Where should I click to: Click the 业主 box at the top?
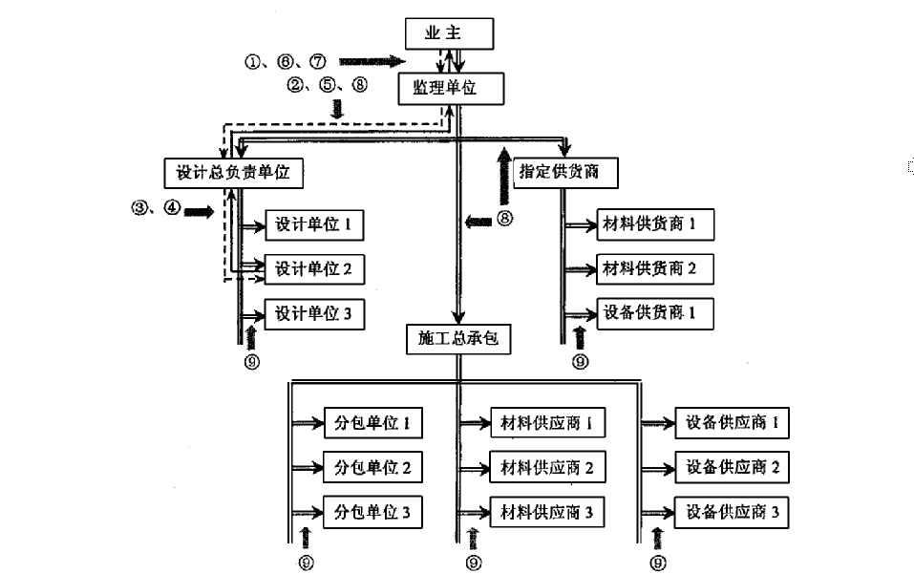pyautogui.click(x=449, y=33)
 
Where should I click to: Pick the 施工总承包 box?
pyautogui.click(x=457, y=339)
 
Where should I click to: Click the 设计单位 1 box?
pyautogui.click(x=314, y=225)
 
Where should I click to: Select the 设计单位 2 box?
pyautogui.click(x=314, y=269)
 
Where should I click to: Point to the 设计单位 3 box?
pyautogui.click(x=314, y=313)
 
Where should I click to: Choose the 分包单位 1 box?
pyautogui.click(x=372, y=423)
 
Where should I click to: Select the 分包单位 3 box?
pyautogui.click(x=372, y=513)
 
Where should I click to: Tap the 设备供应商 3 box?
pyautogui.click(x=732, y=513)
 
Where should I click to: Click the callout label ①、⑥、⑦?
pyautogui.click(x=286, y=62)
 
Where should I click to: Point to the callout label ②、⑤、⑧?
pyautogui.click(x=327, y=84)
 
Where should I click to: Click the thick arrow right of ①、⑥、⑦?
pyautogui.click(x=372, y=62)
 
